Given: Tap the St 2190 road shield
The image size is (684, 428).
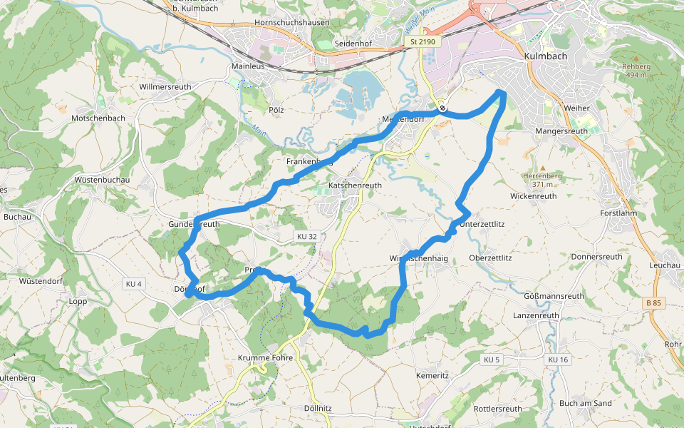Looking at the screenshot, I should coord(422,43).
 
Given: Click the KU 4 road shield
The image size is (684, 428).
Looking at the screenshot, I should coord(133,284).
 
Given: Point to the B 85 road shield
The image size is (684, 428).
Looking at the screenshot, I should coord(653,303).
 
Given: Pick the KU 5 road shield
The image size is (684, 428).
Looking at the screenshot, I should coord(492,360).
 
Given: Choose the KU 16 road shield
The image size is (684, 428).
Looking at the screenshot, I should coord(558,360).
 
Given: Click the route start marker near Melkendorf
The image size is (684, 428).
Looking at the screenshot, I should coord(443,108).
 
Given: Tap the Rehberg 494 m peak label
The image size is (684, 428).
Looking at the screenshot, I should coord(634,71).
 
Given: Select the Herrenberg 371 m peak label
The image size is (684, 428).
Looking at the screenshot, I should coord(542,179).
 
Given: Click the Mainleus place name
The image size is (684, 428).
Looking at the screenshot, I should coord(248,66).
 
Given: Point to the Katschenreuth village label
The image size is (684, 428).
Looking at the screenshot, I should coord(355,185).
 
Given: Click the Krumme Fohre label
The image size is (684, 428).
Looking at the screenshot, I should coord(267,358).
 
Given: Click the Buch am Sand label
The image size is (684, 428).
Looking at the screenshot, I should coord(586,403).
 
